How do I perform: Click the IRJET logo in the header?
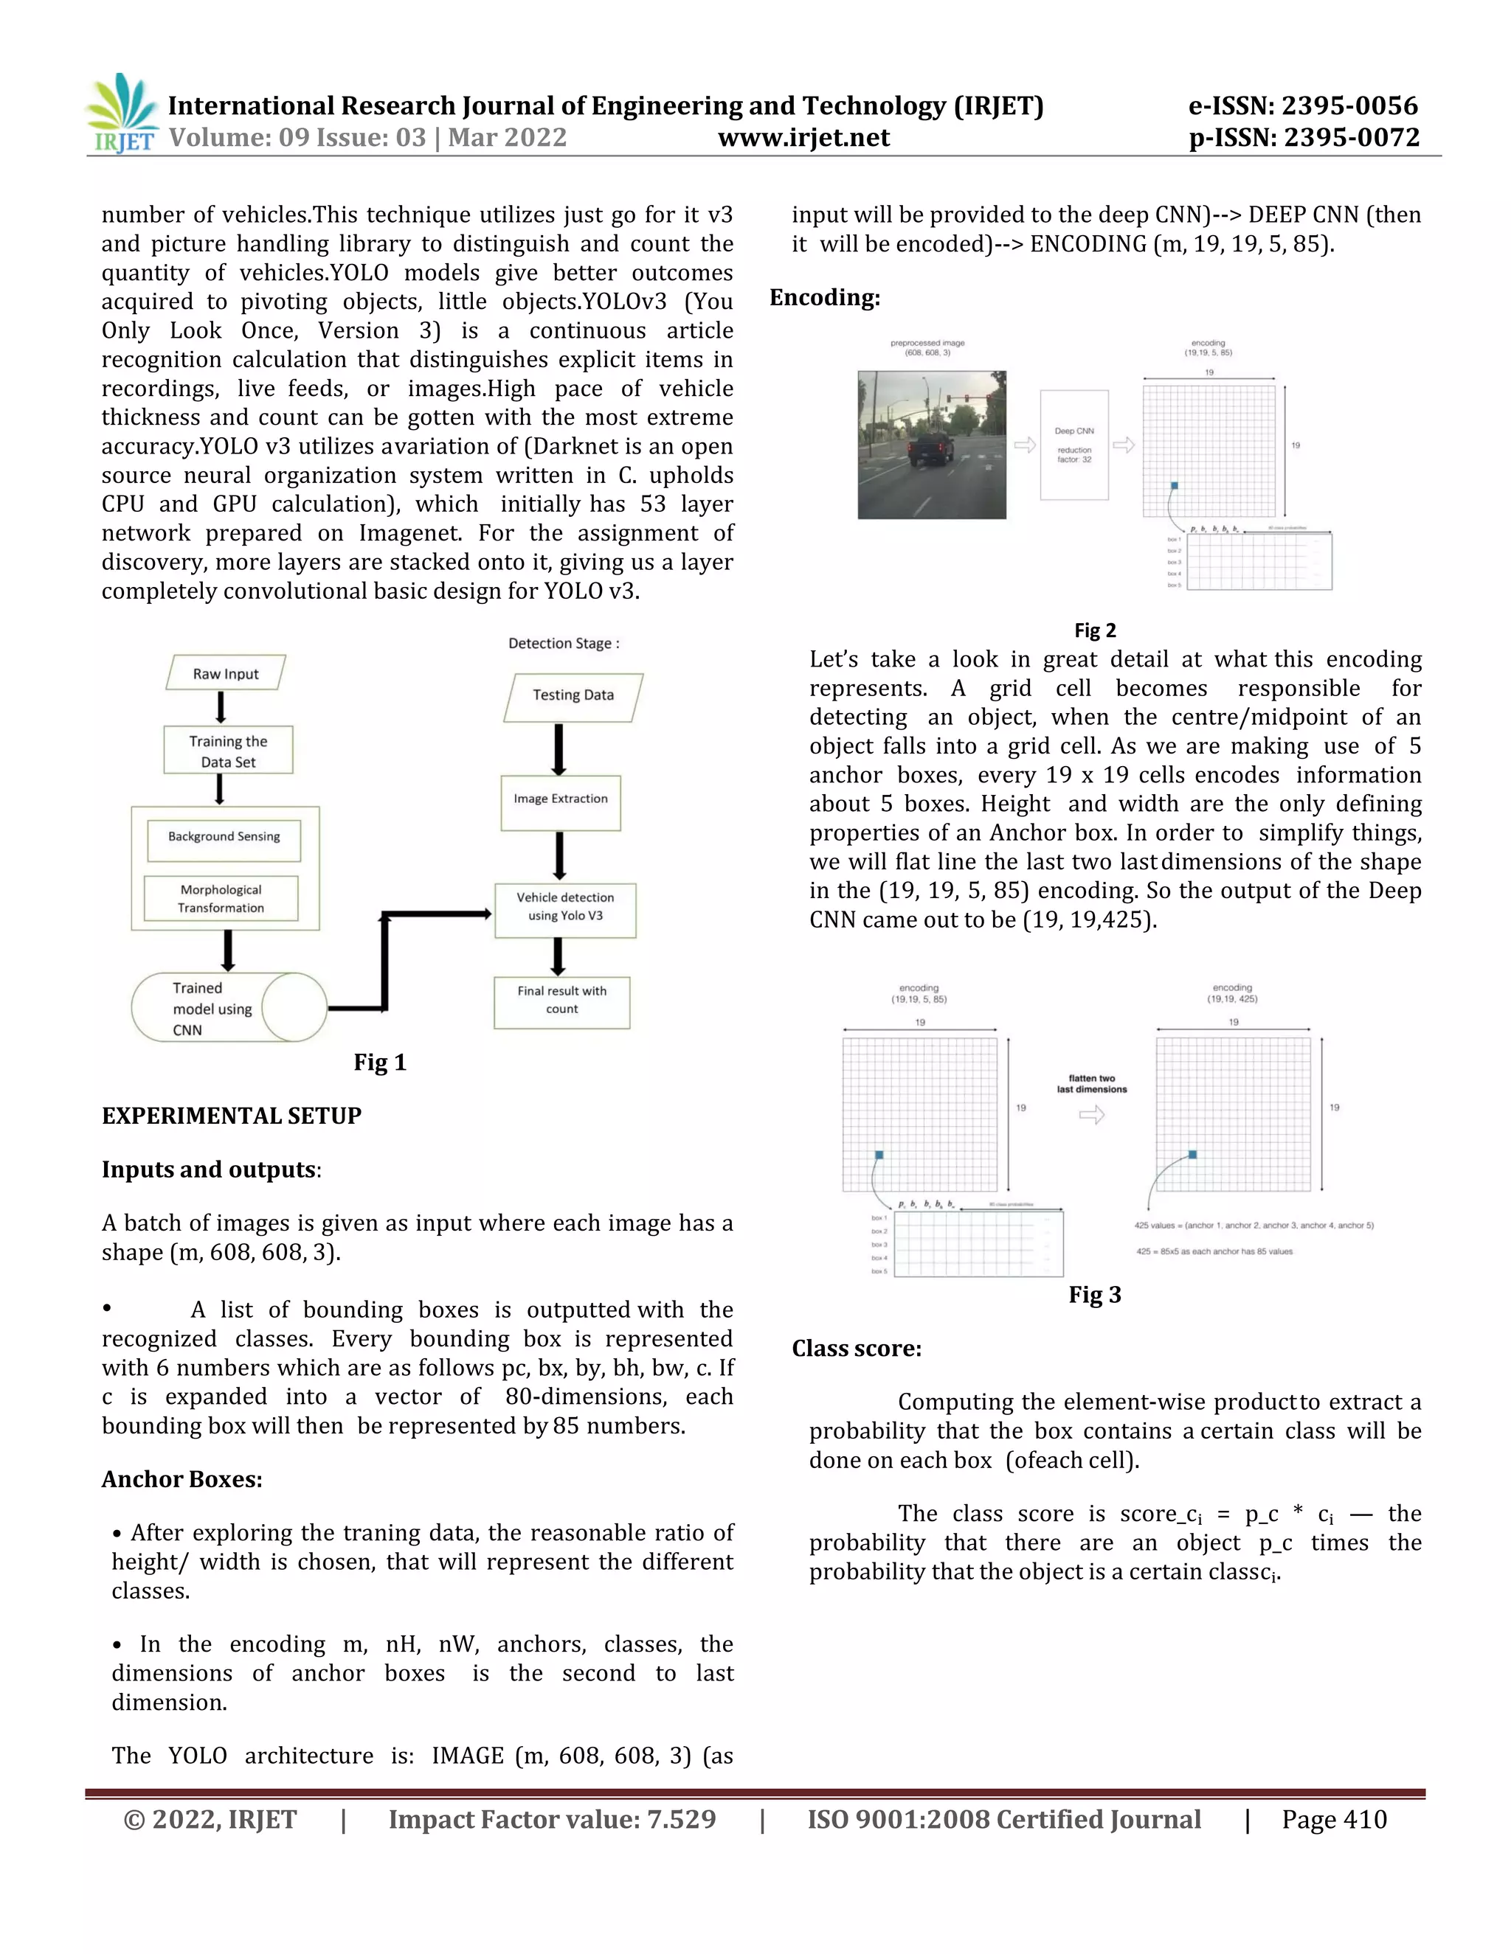click(x=122, y=114)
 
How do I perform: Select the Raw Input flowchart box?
click(x=226, y=672)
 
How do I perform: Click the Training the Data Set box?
click(x=228, y=751)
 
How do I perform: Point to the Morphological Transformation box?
click(x=221, y=898)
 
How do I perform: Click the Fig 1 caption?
click(x=379, y=1062)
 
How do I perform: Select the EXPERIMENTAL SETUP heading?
click(x=231, y=1116)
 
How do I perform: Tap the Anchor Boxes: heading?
click(x=181, y=1479)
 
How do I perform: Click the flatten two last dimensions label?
click(x=1091, y=1083)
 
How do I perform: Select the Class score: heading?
click(x=857, y=1349)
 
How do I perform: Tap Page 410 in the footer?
click(x=1334, y=1819)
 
